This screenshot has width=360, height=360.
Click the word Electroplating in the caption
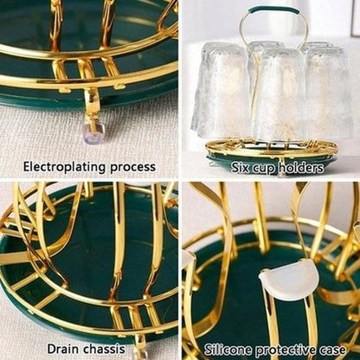[65, 167]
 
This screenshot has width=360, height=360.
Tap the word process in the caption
[133, 168]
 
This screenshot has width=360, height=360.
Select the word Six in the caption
[239, 168]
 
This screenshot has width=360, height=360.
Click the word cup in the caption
[260, 169]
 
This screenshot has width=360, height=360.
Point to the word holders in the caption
[299, 167]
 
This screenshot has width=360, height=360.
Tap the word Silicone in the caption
[228, 350]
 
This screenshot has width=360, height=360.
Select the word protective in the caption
[286, 350]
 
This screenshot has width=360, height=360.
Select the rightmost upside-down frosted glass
[329, 92]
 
